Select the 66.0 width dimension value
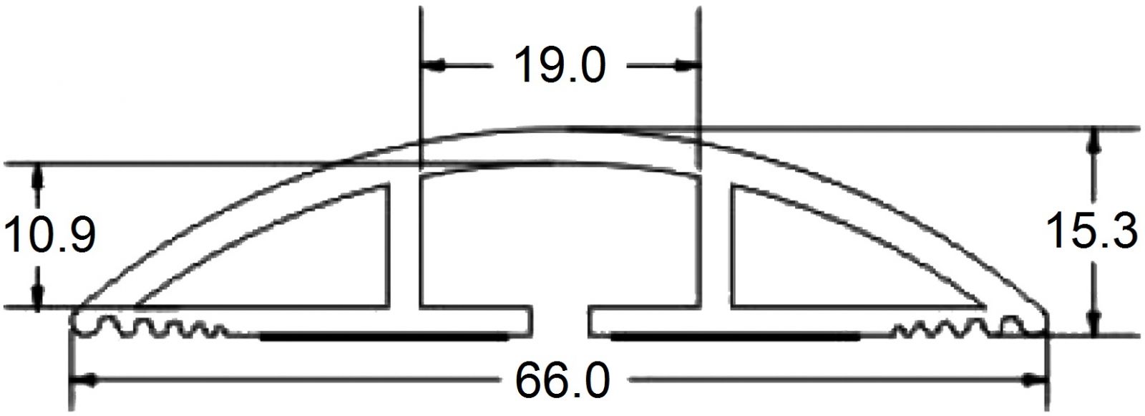(562, 380)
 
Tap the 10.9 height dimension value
(49, 235)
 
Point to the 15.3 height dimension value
(1092, 231)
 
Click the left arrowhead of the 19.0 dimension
(432, 65)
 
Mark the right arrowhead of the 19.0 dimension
(687, 65)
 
